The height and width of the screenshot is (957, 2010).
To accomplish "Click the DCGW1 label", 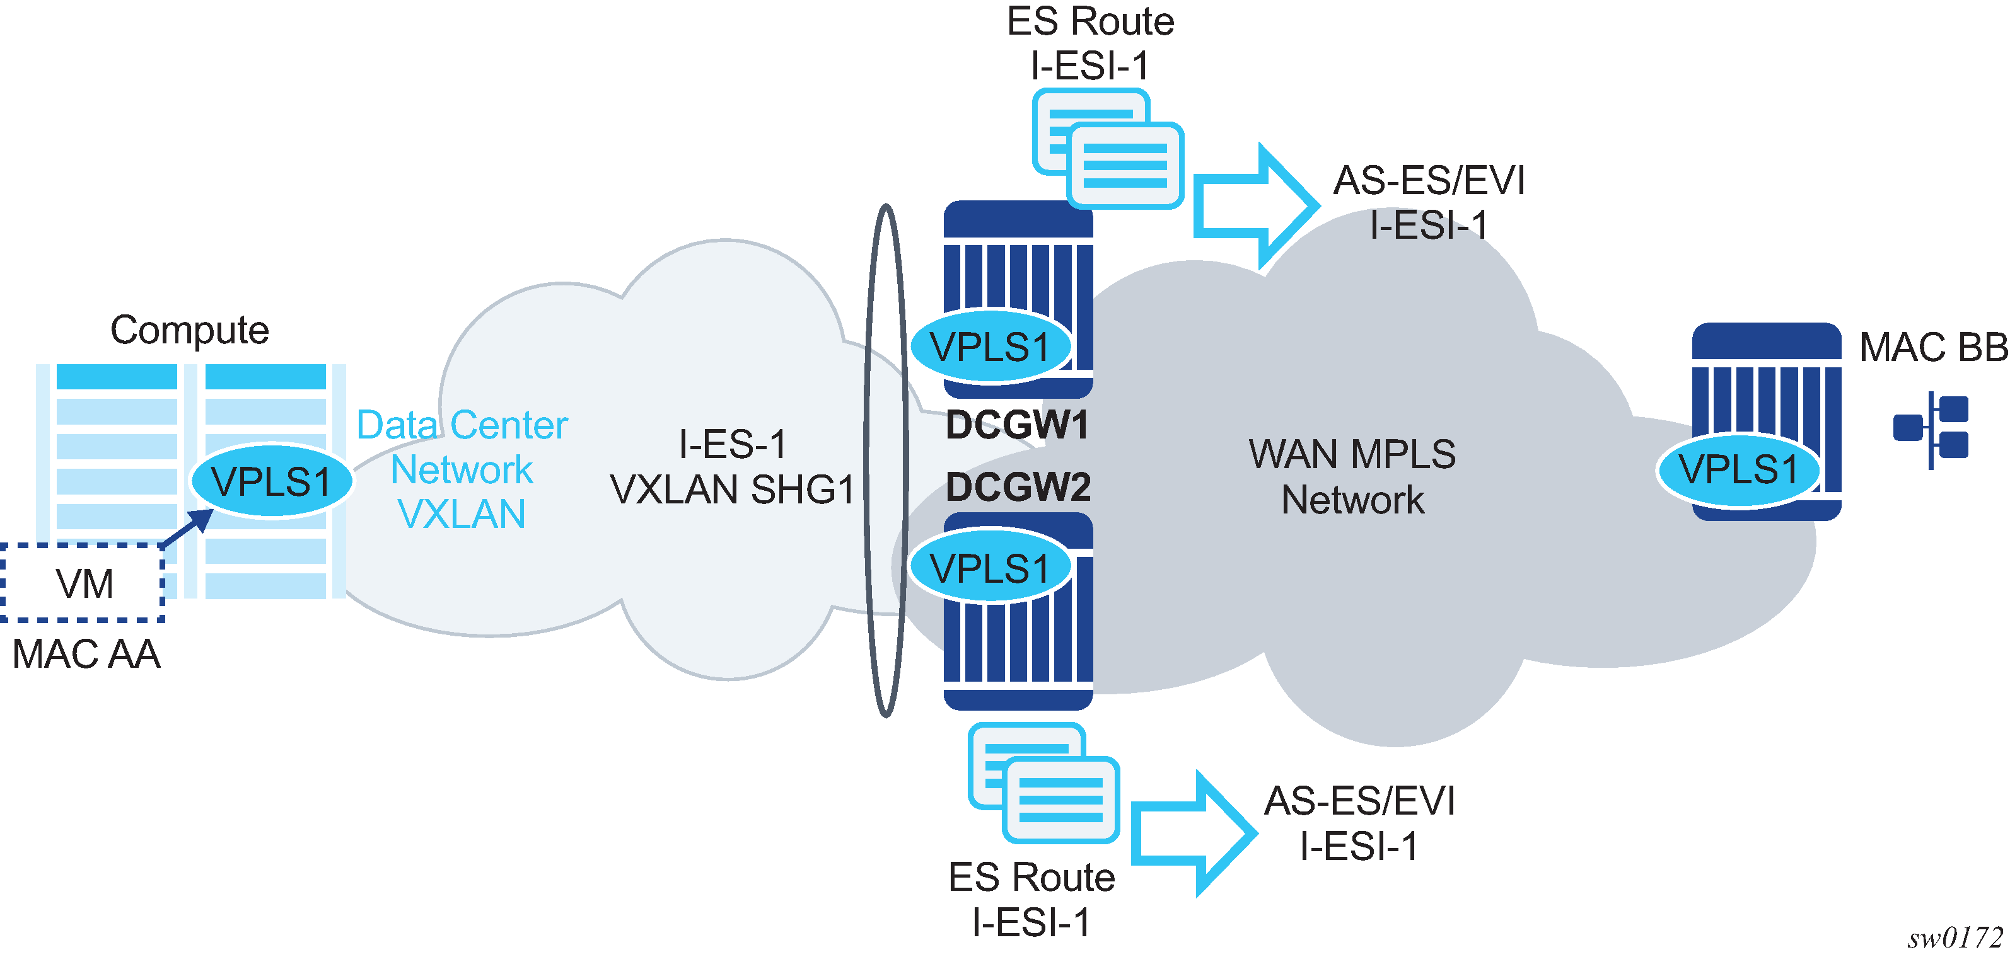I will pyautogui.click(x=1017, y=426).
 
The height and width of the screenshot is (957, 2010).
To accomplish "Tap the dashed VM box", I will pyautogui.click(x=83, y=583).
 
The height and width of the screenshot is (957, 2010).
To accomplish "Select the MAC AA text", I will pyautogui.click(x=86, y=653).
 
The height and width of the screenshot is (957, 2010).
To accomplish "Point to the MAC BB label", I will pyautogui.click(x=1932, y=348).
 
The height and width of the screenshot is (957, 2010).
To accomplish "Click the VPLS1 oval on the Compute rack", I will pyautogui.click(x=270, y=481).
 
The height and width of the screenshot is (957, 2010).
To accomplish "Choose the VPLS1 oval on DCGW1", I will pyautogui.click(x=990, y=347).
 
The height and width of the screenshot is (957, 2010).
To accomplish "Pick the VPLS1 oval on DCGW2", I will pyautogui.click(x=990, y=568).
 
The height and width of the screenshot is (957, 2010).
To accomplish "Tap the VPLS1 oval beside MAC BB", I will pyautogui.click(x=1738, y=469).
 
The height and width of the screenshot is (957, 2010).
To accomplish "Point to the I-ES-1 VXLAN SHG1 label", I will pyautogui.click(x=732, y=467).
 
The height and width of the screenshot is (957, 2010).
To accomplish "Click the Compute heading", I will pyautogui.click(x=190, y=330).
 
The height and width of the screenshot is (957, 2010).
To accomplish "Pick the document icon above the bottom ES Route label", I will pyautogui.click(x=1043, y=783).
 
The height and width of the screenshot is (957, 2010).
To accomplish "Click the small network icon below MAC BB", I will pyautogui.click(x=1931, y=430).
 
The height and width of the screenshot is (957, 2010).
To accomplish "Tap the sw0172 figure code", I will pyautogui.click(x=1955, y=937).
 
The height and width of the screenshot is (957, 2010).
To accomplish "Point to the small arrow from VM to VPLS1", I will pyautogui.click(x=187, y=528).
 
